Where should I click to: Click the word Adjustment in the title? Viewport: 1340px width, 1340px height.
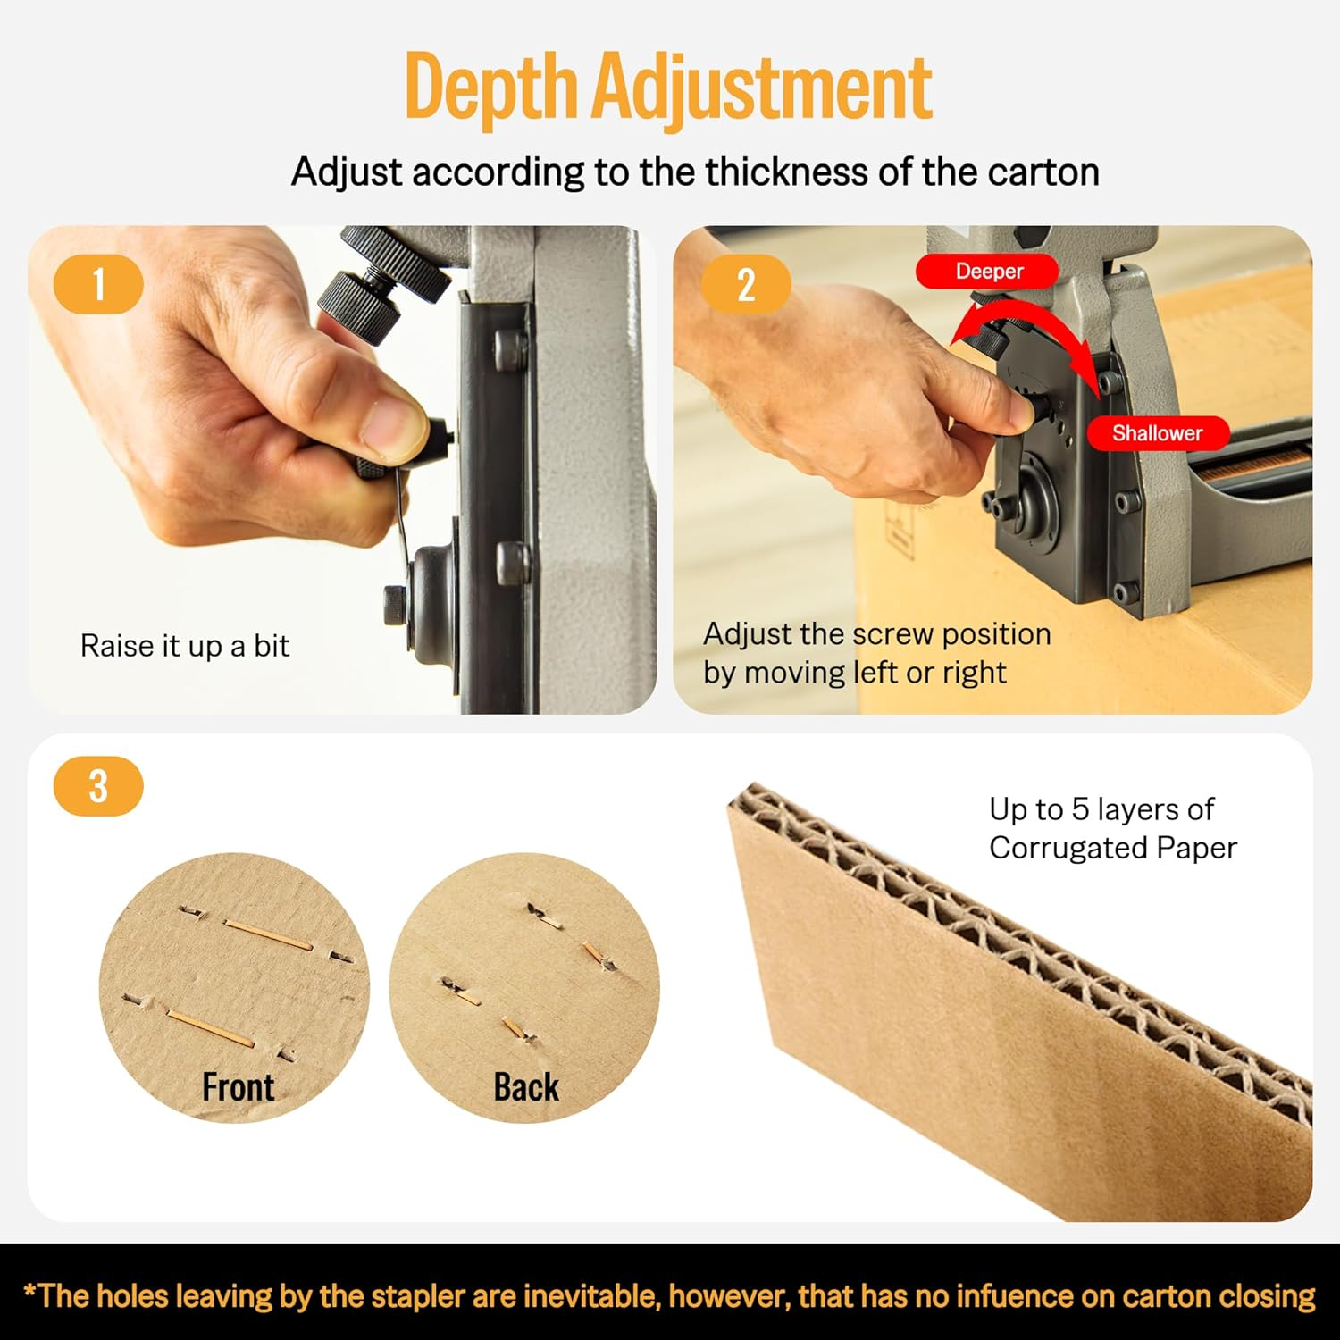point(762,88)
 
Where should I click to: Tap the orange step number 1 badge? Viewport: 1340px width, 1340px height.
point(98,285)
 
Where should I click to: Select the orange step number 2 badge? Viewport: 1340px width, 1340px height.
point(745,285)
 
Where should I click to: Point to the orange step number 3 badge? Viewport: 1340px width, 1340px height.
point(98,786)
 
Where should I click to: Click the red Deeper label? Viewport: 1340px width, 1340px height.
point(988,272)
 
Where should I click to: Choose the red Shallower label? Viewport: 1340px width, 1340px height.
point(1157,433)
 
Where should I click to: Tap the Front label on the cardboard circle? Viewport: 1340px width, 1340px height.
point(238,1087)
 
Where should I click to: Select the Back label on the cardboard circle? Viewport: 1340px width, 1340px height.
point(526,1087)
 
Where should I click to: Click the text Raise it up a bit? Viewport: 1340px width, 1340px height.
point(185,646)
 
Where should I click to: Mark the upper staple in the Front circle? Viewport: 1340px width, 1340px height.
point(267,934)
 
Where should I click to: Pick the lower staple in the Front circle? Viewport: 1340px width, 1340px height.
point(211,1027)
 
